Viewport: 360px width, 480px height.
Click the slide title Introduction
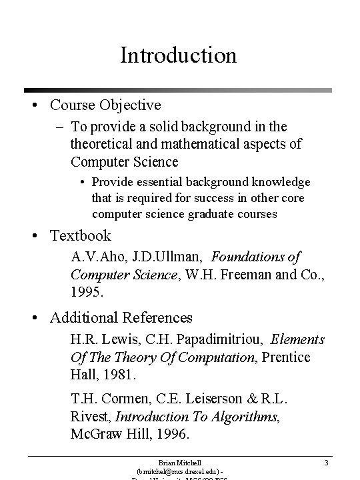178,55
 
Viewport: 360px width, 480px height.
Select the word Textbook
80,235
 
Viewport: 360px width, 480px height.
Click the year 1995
87,292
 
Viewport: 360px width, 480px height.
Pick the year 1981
121,375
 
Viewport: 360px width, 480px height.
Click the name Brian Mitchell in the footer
179,461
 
